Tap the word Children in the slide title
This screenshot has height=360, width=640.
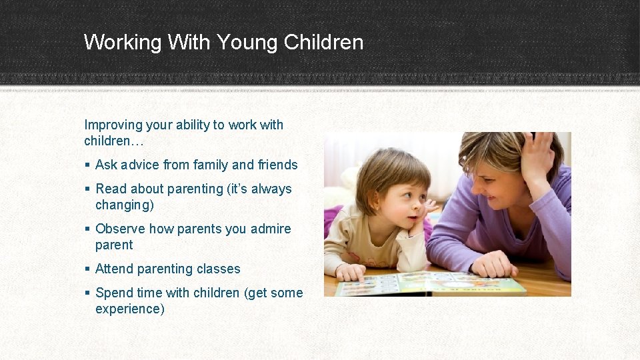[323, 43]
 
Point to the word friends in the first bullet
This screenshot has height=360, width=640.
[278, 165]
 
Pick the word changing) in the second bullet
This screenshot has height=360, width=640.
[125, 205]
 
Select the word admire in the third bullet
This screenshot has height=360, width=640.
[271, 229]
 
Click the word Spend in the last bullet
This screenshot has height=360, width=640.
[115, 293]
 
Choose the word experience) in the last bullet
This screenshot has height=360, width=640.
[130, 309]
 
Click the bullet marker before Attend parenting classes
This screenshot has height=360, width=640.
[87, 269]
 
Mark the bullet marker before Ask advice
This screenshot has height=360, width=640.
[87, 165]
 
